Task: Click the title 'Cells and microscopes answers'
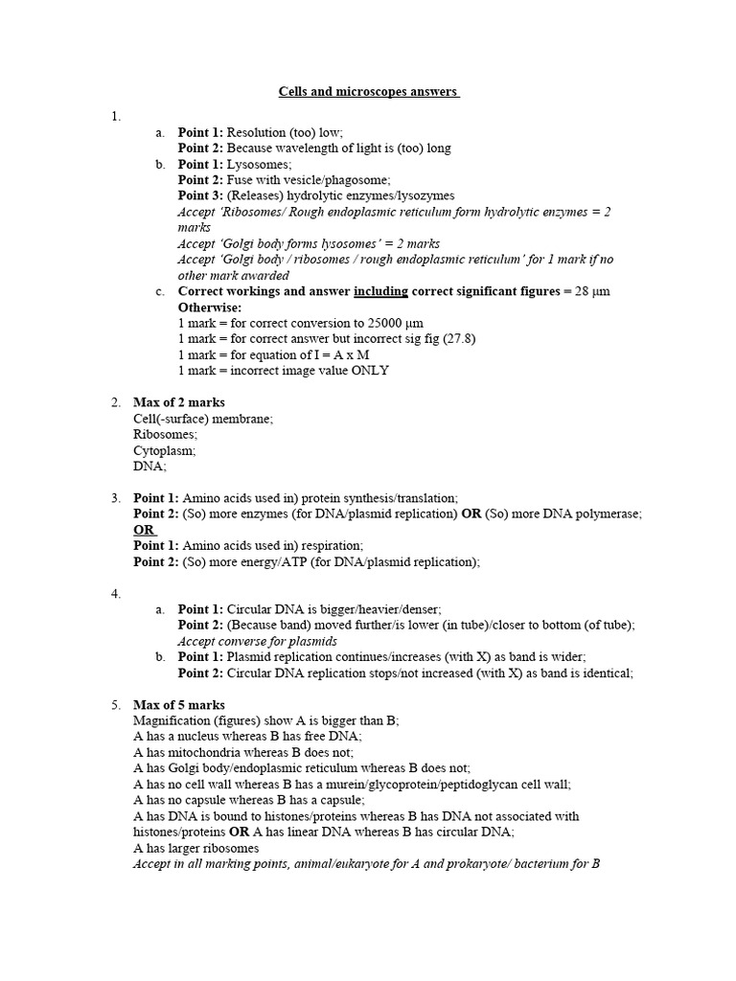pos(369,92)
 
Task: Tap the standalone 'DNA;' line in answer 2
pos(150,466)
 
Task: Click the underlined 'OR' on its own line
pos(144,530)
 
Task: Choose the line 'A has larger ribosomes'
pos(196,848)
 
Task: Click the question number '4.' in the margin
pos(116,594)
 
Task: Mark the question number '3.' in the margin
pos(116,498)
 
